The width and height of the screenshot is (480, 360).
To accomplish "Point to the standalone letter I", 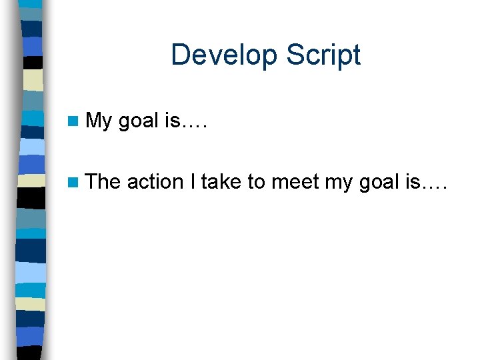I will point(193,181).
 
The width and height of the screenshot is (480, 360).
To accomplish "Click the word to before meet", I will point(257,181).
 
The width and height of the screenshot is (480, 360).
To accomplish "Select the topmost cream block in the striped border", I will point(33,79).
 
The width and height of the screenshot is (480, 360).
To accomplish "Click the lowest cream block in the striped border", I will point(31,304).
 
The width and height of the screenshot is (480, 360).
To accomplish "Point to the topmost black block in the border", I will point(34,63).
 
